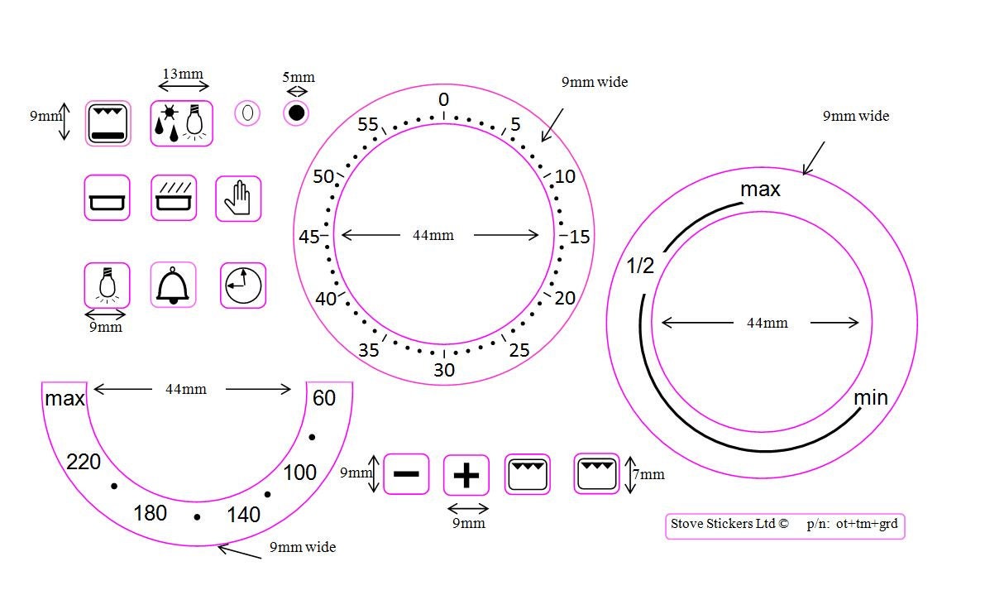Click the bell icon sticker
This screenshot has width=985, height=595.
[x=174, y=286]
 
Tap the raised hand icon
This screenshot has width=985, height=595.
[x=238, y=199]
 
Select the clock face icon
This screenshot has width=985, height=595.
[x=243, y=286]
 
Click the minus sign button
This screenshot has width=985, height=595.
[x=406, y=473]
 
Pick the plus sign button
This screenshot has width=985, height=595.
[x=466, y=475]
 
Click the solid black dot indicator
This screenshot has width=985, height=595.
[x=296, y=113]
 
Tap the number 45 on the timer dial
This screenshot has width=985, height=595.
[x=309, y=237]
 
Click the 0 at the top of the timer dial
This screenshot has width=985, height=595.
[x=444, y=99]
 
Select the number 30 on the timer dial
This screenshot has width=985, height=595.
[x=444, y=370]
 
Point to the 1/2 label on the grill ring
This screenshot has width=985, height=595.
[x=640, y=266]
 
